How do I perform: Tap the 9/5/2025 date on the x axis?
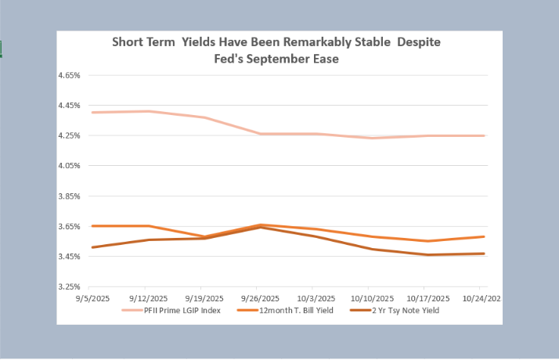(93, 298)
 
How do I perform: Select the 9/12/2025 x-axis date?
(149, 298)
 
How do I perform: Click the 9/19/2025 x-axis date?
(204, 298)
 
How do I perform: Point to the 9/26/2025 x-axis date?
(260, 298)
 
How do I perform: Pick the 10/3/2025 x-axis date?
(316, 298)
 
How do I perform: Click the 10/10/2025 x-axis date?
(372, 298)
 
